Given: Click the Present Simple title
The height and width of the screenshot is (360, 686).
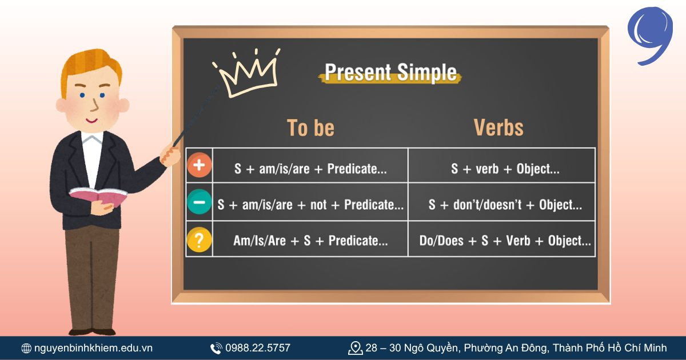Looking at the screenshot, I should click(x=391, y=73).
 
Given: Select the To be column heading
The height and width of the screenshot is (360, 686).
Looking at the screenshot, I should click(x=310, y=128).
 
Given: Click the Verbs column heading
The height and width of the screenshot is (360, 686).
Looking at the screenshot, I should click(x=498, y=128).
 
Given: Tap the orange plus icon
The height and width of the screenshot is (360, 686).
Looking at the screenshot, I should click(x=199, y=166).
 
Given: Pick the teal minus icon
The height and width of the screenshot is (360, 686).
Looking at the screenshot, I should click(x=199, y=202).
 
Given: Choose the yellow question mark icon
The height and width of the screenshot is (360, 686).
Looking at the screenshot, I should click(x=199, y=239).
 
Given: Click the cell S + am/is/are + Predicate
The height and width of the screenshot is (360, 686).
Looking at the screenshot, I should click(x=310, y=169).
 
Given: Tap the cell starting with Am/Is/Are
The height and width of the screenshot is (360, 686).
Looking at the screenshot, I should click(x=310, y=241).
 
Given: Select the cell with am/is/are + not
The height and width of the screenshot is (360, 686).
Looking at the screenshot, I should click(x=310, y=205).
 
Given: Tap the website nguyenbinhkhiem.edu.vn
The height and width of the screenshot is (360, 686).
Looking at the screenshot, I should click(x=93, y=347).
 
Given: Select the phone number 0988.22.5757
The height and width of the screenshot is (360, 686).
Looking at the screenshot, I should click(x=258, y=347).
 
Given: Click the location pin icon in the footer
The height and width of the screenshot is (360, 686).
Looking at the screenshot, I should click(x=356, y=347).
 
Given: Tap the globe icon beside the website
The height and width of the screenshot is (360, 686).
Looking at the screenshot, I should click(x=26, y=348).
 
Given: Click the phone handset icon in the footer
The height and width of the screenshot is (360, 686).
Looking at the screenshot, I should click(x=216, y=348).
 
